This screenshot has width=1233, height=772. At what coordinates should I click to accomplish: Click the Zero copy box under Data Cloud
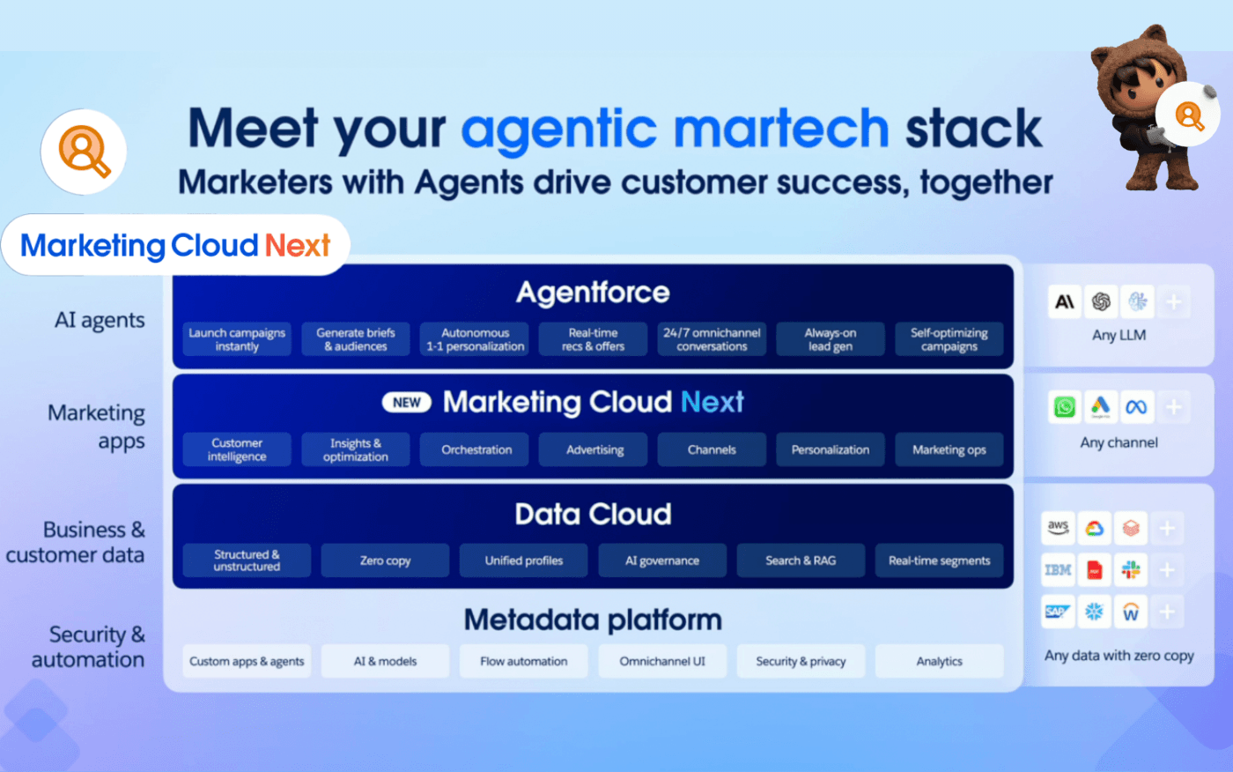pyautogui.click(x=385, y=560)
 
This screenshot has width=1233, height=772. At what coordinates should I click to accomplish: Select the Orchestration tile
pyautogui.click(x=476, y=449)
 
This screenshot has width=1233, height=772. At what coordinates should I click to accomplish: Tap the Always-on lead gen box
pyautogui.click(x=830, y=339)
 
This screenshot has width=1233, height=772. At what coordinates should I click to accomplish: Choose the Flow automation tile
pyautogui.click(x=523, y=661)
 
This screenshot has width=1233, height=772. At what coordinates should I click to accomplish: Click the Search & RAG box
pyautogui.click(x=801, y=560)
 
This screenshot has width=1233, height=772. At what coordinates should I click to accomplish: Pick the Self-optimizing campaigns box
pyautogui.click(x=949, y=339)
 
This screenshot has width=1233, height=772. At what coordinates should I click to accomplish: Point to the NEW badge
pyautogui.click(x=406, y=403)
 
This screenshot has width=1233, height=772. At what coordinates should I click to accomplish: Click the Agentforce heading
pyautogui.click(x=593, y=293)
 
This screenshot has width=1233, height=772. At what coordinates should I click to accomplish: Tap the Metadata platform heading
pyautogui.click(x=593, y=620)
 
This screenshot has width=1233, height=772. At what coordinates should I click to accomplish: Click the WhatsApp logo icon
pyautogui.click(x=1065, y=407)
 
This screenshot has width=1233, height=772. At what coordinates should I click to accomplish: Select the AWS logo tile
pyautogui.click(x=1058, y=528)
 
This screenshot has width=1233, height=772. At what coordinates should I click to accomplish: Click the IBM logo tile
pyautogui.click(x=1058, y=570)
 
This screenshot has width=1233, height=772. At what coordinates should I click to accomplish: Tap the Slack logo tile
pyautogui.click(x=1131, y=570)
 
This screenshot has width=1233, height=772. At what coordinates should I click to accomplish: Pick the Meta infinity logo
pyautogui.click(x=1136, y=407)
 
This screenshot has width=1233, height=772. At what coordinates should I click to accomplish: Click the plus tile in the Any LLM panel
pyautogui.click(x=1173, y=302)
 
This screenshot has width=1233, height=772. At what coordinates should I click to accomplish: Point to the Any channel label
pyautogui.click(x=1119, y=442)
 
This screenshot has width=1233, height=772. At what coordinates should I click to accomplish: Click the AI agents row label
pyautogui.click(x=100, y=320)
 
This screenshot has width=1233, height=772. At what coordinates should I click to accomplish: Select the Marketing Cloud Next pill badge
pyautogui.click(x=175, y=245)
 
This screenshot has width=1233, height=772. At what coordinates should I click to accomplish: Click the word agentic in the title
pyautogui.click(x=558, y=129)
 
